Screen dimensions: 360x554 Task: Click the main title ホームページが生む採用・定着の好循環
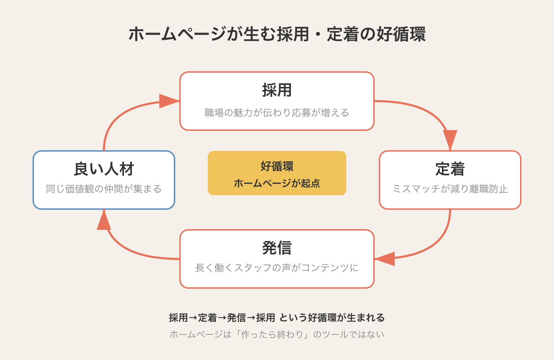click(277, 34)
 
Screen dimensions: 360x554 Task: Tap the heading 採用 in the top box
click(277, 90)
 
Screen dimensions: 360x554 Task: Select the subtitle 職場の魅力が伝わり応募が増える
click(277, 113)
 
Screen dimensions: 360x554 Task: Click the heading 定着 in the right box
click(450, 169)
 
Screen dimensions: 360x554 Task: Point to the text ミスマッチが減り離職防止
click(450, 189)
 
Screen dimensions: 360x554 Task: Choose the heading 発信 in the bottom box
click(277, 248)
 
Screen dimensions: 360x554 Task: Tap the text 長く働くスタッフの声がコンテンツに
click(277, 268)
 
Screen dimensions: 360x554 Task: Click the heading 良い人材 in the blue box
click(104, 169)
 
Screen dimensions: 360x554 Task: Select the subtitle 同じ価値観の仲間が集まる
click(104, 189)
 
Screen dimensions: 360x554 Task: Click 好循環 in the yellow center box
click(277, 166)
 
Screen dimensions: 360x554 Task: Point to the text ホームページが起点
click(277, 183)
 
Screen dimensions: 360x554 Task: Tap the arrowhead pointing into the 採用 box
click(169, 101)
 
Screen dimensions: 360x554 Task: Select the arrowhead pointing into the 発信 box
click(385, 259)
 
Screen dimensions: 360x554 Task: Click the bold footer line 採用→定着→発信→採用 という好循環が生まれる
click(277, 318)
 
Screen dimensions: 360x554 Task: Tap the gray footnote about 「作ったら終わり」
click(277, 334)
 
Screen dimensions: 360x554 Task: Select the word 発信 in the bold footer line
click(236, 318)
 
